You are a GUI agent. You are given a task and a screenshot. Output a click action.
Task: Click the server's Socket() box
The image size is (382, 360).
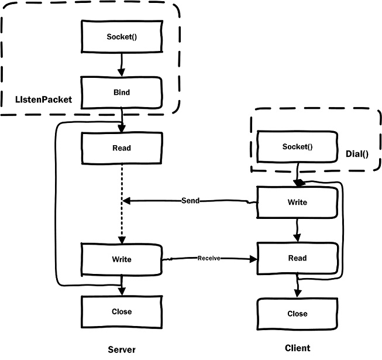click(x=121, y=37)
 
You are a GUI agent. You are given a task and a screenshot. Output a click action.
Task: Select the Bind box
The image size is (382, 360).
click(x=121, y=92)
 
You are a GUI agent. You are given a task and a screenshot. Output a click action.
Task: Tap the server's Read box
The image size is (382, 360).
click(x=121, y=148)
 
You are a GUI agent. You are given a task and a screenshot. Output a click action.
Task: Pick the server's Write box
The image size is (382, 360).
click(x=121, y=259)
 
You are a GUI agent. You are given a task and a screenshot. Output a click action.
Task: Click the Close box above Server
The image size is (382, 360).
click(x=121, y=311)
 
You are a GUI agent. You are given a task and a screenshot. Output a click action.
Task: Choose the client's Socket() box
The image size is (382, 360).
click(x=297, y=146)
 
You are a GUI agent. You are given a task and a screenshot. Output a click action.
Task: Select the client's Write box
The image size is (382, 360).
click(x=297, y=203)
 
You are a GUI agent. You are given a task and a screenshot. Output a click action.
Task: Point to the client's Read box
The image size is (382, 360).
click(x=297, y=258)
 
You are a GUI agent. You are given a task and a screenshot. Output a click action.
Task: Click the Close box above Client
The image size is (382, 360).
click(x=297, y=313)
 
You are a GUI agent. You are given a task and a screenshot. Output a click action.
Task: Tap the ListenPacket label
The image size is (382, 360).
click(x=44, y=100)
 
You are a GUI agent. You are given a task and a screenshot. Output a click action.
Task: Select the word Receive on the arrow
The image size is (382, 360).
click(x=208, y=258)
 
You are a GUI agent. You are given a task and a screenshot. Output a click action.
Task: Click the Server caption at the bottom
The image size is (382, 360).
click(x=122, y=349)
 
